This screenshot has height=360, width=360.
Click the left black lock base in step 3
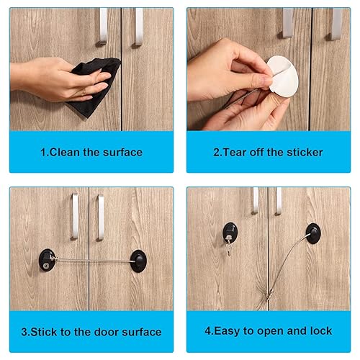click(x=48, y=257)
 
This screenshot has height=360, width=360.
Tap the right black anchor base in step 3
click(x=137, y=257)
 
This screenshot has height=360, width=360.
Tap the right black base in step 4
click(x=312, y=232)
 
